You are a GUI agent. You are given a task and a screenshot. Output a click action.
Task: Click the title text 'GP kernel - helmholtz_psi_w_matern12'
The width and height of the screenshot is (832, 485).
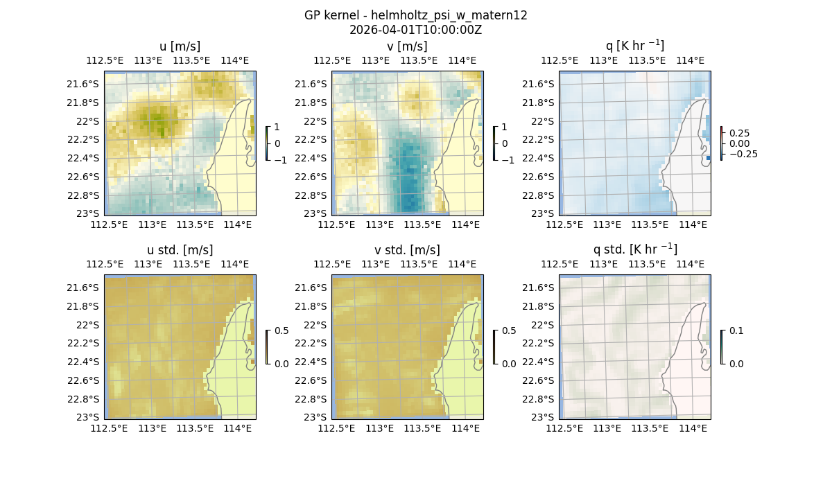pos(415,15)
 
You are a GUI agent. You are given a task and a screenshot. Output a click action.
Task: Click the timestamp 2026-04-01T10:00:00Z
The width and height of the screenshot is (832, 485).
pos(415,30)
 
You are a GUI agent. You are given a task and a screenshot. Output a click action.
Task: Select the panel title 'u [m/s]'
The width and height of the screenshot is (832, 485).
pos(180,46)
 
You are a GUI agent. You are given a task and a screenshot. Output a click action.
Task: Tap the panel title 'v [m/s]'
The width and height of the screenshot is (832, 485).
pos(407,46)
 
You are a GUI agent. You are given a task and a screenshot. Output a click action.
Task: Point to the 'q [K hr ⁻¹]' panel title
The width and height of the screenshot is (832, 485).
pos(634,46)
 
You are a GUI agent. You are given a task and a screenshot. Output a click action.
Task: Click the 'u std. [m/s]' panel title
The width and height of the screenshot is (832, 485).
pos(180,250)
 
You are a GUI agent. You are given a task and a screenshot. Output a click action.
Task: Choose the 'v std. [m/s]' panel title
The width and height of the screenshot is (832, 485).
pos(407,250)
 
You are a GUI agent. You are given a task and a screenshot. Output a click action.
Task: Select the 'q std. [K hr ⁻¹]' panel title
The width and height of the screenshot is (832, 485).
pos(634,249)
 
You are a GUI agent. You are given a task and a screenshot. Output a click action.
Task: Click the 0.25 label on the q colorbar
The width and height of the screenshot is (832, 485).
pos(739,133)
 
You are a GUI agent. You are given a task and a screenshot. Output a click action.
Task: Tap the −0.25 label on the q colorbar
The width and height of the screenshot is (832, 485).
pos(743,154)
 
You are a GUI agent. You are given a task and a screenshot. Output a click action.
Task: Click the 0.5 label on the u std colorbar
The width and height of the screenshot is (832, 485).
pos(281,331)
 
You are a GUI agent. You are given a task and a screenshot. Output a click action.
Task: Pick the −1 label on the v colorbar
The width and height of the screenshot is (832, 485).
pos(508,160)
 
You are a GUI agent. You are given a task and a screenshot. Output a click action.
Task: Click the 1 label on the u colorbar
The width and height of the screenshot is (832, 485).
pos(278,127)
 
